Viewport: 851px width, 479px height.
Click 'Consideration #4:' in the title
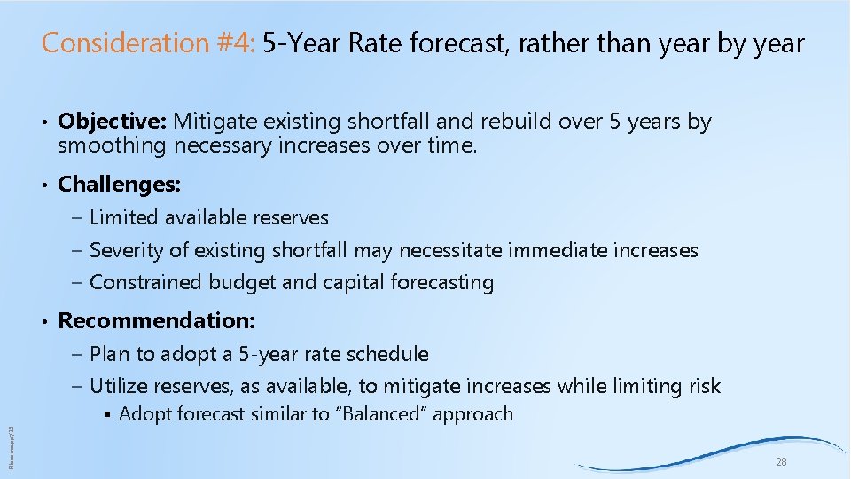pyautogui.click(x=149, y=43)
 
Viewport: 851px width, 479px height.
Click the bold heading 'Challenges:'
pyautogui.click(x=119, y=185)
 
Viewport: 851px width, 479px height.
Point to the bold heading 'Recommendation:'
pyautogui.click(x=156, y=320)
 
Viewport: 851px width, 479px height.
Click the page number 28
pyautogui.click(x=781, y=462)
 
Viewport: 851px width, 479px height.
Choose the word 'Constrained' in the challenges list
pyautogui.click(x=146, y=283)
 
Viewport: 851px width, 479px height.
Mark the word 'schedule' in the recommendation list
pyautogui.click(x=388, y=355)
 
